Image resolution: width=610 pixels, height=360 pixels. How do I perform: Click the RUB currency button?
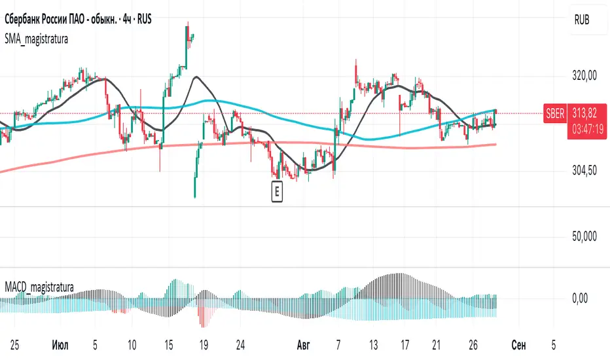[x=581, y=20]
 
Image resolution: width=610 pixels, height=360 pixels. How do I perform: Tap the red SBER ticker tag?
[x=554, y=113]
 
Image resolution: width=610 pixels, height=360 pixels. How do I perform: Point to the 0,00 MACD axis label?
[x=584, y=298]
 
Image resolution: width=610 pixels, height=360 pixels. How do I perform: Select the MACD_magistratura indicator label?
[x=39, y=287]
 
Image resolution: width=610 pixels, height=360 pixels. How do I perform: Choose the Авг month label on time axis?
[x=303, y=344]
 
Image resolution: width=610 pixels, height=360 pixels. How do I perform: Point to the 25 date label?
[x=13, y=344]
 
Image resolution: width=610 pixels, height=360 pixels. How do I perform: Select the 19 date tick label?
[x=204, y=344]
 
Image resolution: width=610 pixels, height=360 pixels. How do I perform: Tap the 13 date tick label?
[x=374, y=344]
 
